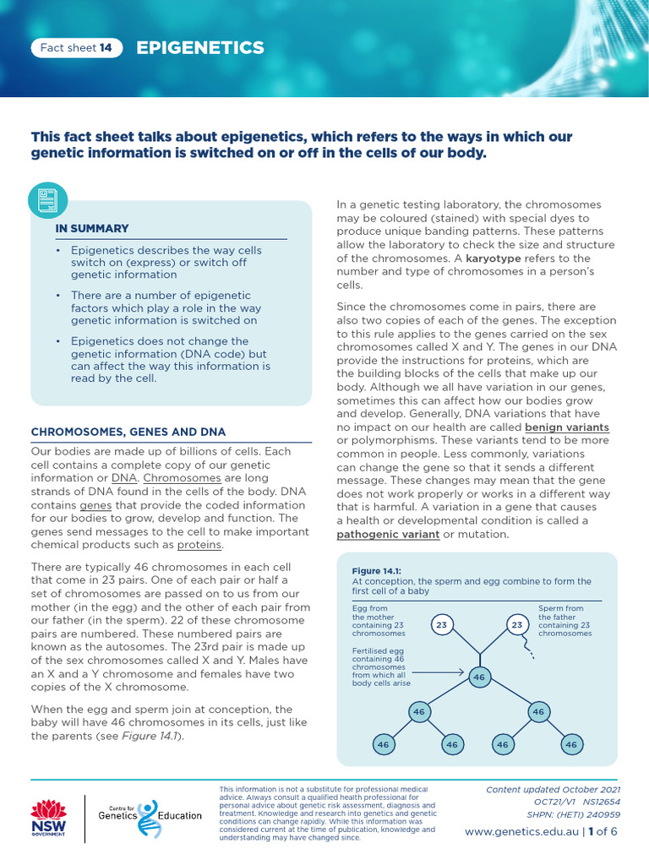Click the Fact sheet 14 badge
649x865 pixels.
pos(76,48)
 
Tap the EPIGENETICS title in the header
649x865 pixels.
pos(200,48)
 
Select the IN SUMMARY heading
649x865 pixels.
pos(92,228)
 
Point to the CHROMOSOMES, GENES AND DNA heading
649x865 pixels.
pos(128,432)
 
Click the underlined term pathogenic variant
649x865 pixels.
pos(388,535)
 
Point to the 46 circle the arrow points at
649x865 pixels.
pos(479,677)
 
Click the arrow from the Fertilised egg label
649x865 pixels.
pos(439,672)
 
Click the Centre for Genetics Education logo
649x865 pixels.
pos(149,816)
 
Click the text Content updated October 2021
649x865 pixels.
pos(553,789)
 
